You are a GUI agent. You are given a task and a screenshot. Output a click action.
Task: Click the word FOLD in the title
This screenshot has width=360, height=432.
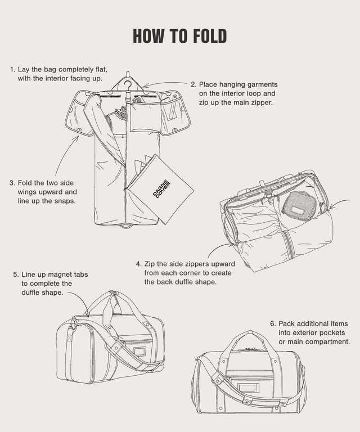tap(203, 35)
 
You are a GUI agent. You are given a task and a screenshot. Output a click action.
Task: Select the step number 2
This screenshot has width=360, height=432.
tap(193, 84)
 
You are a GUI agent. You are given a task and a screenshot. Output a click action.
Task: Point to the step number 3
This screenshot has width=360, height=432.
tap(12, 183)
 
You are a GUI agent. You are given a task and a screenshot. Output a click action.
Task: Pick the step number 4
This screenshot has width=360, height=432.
tap(138, 263)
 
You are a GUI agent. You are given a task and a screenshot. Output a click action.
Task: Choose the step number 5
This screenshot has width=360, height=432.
tap(16, 274)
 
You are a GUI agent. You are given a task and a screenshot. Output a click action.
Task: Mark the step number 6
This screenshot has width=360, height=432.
tap(273, 323)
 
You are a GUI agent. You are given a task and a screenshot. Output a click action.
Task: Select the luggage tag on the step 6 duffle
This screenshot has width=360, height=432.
tap(245, 388)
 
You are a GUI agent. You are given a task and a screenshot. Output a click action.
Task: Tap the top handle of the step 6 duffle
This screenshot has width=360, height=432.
tap(250, 336)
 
